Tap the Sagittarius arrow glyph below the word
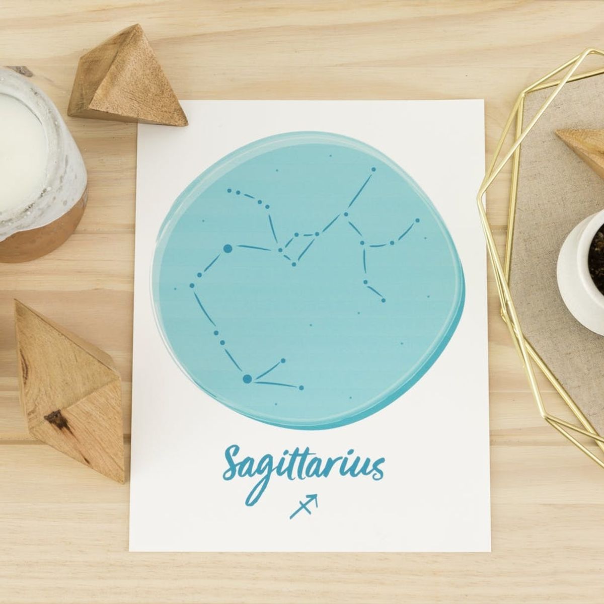304,505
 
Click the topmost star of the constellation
373,170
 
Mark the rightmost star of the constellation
417,220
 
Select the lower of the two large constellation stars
247,379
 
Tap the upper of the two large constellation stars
228,248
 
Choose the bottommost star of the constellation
301,388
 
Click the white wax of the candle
20,151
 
